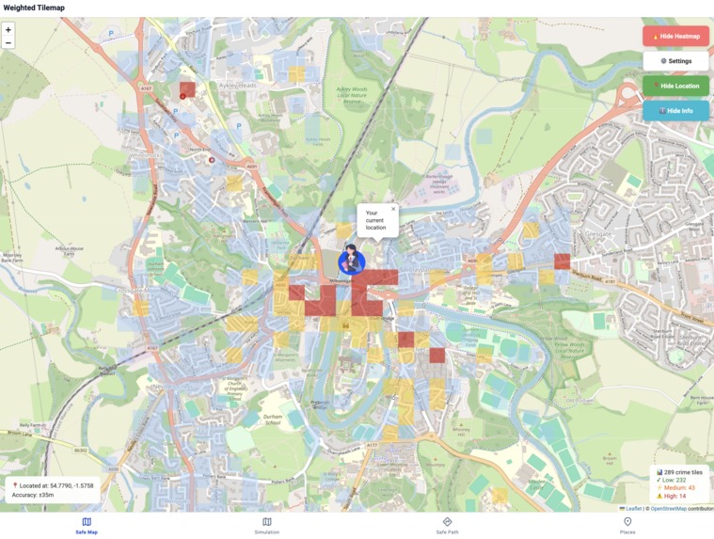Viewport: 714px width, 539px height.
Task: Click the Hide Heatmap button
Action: (675, 36)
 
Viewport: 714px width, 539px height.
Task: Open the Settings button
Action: (675, 61)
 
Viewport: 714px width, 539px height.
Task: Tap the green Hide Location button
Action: (675, 86)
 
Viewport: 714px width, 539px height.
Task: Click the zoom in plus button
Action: (8, 30)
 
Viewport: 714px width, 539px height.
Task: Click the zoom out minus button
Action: (8, 42)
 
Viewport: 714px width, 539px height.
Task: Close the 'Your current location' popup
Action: (393, 210)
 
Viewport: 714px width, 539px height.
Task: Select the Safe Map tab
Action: (87, 526)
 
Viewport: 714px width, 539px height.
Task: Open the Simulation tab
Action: (266, 526)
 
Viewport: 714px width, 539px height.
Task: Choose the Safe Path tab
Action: (447, 526)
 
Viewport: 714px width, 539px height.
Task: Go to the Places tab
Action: (627, 526)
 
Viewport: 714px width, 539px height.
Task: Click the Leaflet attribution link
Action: (633, 509)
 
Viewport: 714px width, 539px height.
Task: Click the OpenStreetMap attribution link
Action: (668, 509)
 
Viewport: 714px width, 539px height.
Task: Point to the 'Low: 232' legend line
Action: (673, 480)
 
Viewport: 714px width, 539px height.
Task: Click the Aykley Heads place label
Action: (238, 85)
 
